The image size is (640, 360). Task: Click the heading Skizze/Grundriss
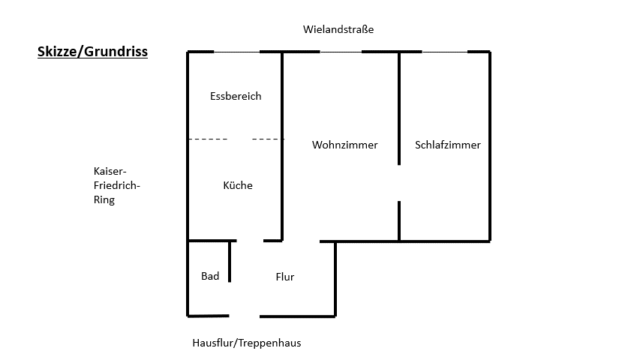click(x=92, y=52)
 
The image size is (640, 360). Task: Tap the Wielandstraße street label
click(x=338, y=30)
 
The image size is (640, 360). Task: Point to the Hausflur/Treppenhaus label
click(x=247, y=343)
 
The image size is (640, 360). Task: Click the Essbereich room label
click(x=236, y=96)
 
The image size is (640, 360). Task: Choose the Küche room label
click(x=238, y=185)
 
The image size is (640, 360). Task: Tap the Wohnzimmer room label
click(x=344, y=145)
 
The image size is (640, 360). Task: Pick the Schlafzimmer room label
click(x=447, y=145)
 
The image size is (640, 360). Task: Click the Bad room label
click(x=210, y=276)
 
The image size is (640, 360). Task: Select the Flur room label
click(x=284, y=277)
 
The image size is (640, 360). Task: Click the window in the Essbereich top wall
click(x=236, y=52)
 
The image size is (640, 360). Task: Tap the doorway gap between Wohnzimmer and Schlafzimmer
click(x=399, y=183)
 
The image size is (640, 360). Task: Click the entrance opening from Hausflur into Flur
click(x=243, y=316)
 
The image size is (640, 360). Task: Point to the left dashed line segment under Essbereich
click(x=208, y=139)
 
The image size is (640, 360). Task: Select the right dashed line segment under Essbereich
click(x=267, y=139)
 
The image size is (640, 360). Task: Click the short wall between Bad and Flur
click(x=230, y=261)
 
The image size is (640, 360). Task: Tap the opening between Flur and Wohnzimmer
click(x=301, y=241)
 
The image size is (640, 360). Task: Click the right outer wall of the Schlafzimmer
click(x=490, y=146)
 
